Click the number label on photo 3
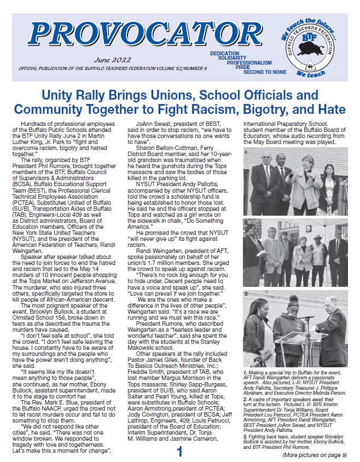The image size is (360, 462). pyautogui.click(x=247, y=294)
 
